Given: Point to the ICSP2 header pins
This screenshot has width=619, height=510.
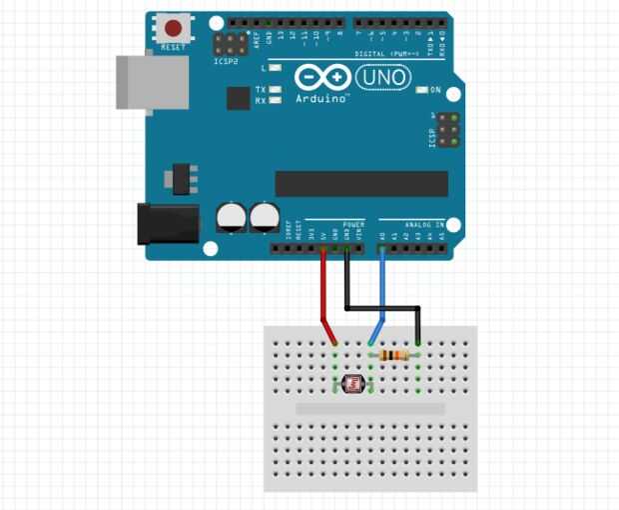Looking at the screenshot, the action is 232,45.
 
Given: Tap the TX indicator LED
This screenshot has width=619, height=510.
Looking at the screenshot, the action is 275,90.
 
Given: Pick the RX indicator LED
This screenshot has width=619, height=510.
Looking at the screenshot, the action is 275,100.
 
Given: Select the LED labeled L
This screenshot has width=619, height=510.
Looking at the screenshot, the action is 275,68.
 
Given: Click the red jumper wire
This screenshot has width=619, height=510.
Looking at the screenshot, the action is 323,295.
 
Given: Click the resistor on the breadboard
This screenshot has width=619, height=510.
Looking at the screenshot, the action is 395,355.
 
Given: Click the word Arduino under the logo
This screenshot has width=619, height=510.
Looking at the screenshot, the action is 321,99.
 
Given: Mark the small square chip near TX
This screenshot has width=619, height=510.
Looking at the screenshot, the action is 238,98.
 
